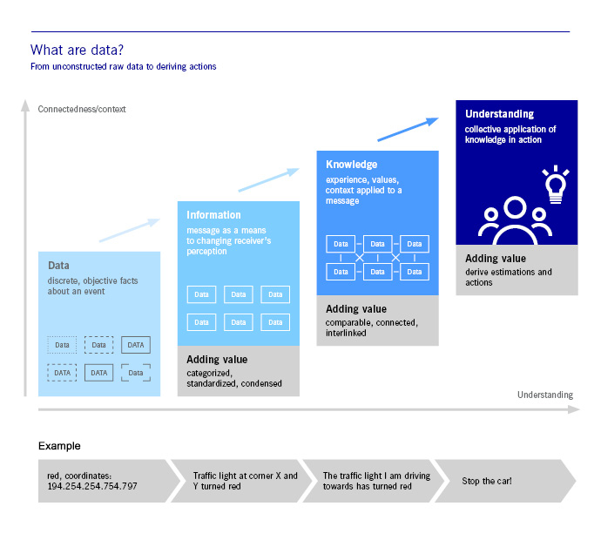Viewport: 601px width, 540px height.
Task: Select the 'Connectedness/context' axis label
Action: [x=82, y=109]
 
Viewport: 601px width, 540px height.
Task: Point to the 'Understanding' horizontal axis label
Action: [x=545, y=395]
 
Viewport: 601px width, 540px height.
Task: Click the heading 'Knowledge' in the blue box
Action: [x=352, y=164]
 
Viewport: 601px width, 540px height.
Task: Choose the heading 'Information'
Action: [x=213, y=215]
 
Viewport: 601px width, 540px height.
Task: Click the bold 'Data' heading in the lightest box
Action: [x=58, y=266]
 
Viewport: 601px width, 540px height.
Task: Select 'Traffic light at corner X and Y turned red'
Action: [x=245, y=481]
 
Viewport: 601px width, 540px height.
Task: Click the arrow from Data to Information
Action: [x=130, y=230]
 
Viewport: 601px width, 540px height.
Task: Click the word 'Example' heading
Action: [x=59, y=446]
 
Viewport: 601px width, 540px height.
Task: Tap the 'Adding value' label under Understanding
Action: [x=493, y=259]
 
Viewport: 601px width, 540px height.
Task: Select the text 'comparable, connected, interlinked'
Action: [x=372, y=327]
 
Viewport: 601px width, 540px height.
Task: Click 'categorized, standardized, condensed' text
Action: [x=234, y=378]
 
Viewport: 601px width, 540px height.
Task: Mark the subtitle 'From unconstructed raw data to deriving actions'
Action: [x=123, y=67]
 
